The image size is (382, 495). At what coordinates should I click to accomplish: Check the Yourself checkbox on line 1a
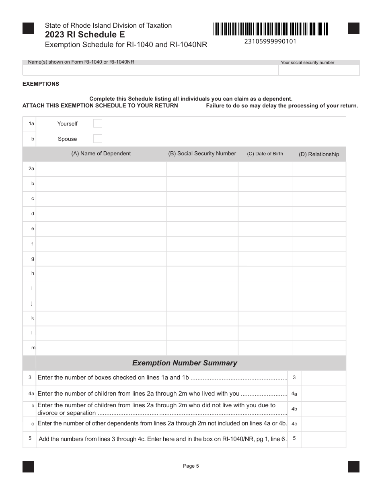tap(98, 124)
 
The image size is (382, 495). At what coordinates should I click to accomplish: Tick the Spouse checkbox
tap(98, 139)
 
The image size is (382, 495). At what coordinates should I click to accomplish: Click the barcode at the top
tap(271, 29)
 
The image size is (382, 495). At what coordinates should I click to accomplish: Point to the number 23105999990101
tap(270, 41)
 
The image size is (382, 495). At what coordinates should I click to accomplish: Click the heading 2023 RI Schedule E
tap(85, 35)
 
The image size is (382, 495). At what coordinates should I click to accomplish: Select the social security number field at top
tap(319, 70)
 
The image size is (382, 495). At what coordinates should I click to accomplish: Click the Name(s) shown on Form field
tap(150, 70)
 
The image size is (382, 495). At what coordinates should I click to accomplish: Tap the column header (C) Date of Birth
tap(265, 154)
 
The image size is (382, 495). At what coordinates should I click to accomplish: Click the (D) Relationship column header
tap(319, 154)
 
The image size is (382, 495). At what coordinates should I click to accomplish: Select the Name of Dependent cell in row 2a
tap(101, 169)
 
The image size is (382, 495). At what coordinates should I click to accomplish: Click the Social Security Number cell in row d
tap(202, 214)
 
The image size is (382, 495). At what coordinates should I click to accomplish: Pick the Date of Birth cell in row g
tap(265, 258)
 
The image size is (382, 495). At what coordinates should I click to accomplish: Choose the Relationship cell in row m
tap(319, 348)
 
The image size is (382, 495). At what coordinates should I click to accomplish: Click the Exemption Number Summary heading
tap(185, 363)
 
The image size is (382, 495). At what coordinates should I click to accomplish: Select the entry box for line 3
tap(323, 378)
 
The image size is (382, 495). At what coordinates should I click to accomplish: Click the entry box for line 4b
tap(323, 409)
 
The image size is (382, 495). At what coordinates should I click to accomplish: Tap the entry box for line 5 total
tap(323, 439)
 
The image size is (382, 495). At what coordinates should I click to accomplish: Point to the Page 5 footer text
tap(191, 466)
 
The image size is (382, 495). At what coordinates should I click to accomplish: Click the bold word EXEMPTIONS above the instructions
tap(41, 84)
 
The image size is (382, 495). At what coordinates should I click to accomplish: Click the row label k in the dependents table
tap(33, 318)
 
